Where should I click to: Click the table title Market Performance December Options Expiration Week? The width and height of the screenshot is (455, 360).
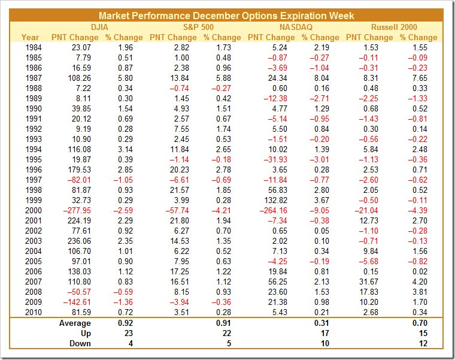click(226, 16)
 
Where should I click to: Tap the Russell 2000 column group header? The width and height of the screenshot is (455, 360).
click(393, 27)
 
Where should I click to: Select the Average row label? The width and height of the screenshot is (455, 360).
click(74, 323)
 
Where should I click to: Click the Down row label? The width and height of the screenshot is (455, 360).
click(80, 344)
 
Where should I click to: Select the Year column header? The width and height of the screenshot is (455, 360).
click(31, 37)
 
